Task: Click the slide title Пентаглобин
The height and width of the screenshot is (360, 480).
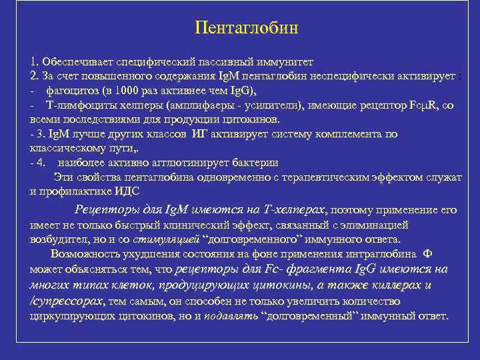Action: tap(246, 29)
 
